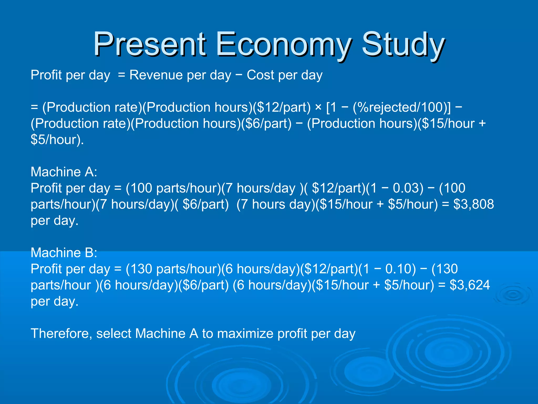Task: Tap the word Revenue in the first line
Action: [156, 75]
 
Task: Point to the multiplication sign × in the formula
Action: [318, 107]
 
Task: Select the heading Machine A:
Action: [64, 172]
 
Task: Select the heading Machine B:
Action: [64, 253]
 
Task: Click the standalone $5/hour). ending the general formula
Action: [57, 140]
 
